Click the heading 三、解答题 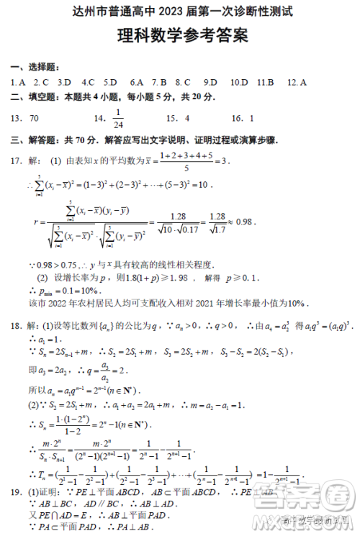35,141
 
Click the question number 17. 17,160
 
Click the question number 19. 17,492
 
